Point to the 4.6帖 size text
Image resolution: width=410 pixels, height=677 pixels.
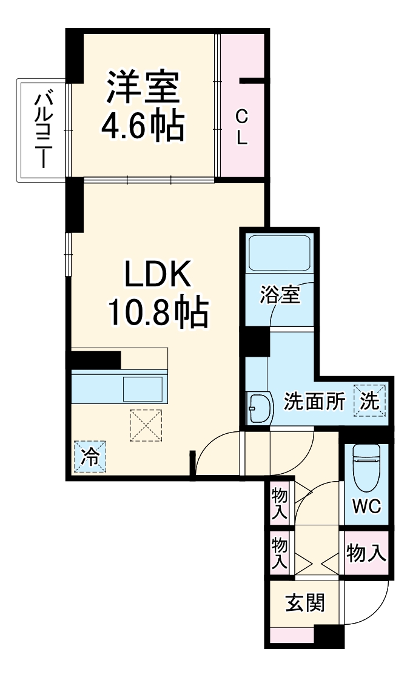click(x=143, y=126)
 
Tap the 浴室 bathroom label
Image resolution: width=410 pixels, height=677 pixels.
click(x=280, y=296)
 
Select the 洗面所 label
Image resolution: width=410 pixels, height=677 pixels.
click(x=315, y=402)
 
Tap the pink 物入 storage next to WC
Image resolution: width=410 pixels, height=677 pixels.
click(x=366, y=553)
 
